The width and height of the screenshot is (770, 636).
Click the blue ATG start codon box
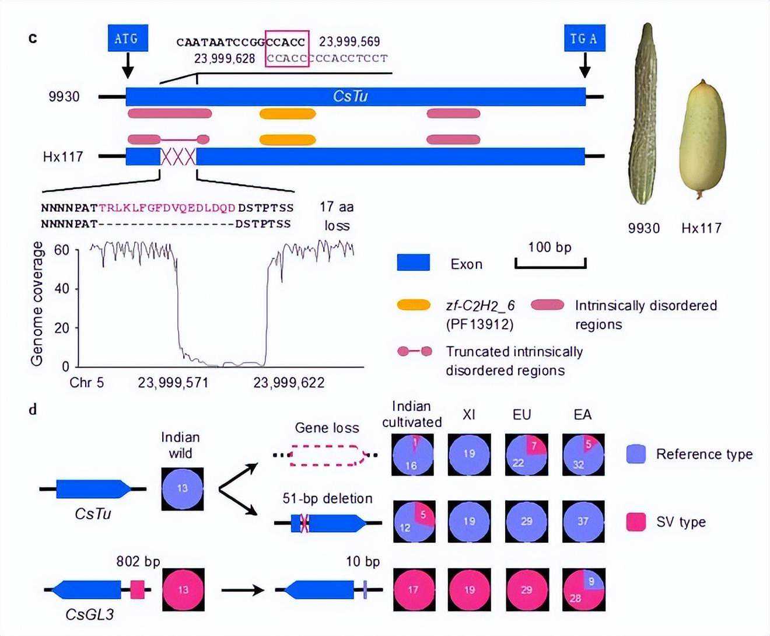click(128, 39)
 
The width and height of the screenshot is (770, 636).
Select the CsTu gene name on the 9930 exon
click(350, 96)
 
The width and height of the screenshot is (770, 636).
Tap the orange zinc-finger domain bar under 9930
click(288, 113)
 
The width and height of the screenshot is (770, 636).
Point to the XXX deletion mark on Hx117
click(178, 156)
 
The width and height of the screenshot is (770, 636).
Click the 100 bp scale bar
click(550, 264)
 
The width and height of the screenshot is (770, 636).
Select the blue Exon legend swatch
click(413, 263)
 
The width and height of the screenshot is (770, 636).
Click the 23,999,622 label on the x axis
click(289, 383)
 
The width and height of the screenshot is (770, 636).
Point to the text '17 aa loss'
click(337, 216)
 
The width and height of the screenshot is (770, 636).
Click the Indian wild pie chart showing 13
click(183, 488)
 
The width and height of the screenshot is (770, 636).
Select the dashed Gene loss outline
click(327, 455)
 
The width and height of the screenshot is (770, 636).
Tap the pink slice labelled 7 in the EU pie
click(535, 445)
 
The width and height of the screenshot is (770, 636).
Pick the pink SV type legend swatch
click(635, 522)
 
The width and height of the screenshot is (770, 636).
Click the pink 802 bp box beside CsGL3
click(137, 589)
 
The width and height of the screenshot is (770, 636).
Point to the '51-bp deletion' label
click(327, 498)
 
